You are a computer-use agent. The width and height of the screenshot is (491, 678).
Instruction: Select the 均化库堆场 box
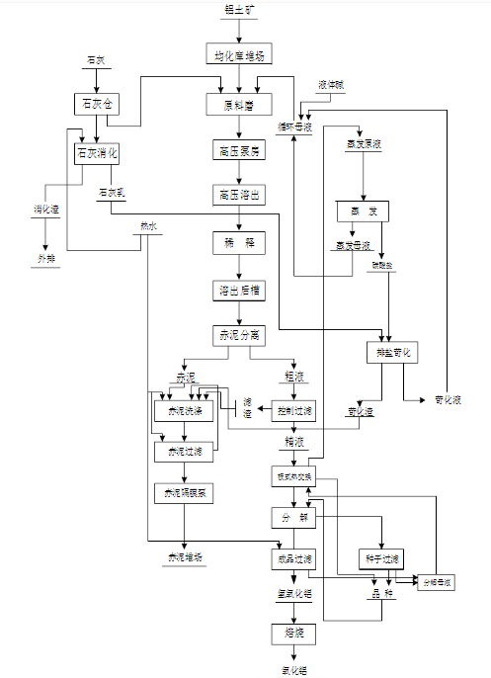click(x=238, y=54)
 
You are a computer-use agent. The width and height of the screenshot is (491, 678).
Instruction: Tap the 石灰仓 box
click(x=95, y=103)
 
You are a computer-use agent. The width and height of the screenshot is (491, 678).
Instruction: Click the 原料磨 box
click(x=238, y=103)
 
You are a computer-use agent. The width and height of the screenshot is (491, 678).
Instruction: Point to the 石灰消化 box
click(x=96, y=153)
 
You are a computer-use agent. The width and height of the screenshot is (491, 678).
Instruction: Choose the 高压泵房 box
click(x=238, y=150)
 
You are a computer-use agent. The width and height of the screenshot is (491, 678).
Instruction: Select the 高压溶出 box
click(x=238, y=195)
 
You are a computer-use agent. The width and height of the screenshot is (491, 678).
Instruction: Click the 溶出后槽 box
click(x=238, y=290)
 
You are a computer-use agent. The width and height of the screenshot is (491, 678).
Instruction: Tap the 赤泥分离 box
click(x=238, y=335)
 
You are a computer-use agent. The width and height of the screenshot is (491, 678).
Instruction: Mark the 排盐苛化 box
click(x=392, y=353)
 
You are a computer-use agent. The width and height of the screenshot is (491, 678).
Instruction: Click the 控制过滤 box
click(x=293, y=411)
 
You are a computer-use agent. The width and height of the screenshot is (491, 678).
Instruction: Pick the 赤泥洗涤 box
click(x=184, y=411)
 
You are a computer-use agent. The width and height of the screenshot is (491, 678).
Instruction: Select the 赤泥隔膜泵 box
click(x=184, y=492)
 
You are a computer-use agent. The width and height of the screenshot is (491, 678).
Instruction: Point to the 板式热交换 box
click(x=293, y=475)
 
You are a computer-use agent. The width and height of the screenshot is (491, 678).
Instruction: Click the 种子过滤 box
click(x=380, y=558)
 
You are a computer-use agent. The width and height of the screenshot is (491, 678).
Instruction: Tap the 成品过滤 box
click(x=293, y=559)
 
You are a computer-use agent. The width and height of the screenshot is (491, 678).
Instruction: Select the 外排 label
click(x=46, y=258)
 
